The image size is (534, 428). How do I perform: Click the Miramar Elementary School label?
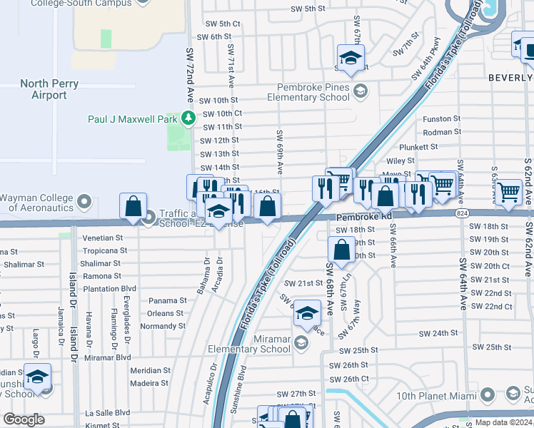point(248,344)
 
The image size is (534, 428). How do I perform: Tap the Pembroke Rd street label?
point(365,215)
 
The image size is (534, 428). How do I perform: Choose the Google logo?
point(24,419)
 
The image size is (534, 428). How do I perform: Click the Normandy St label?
point(162,326)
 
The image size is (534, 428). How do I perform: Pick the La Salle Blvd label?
point(108,412)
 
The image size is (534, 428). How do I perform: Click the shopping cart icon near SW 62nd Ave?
point(509,190)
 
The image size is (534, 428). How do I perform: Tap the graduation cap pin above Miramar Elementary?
point(307,312)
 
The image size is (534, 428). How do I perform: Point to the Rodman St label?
point(442,132)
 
